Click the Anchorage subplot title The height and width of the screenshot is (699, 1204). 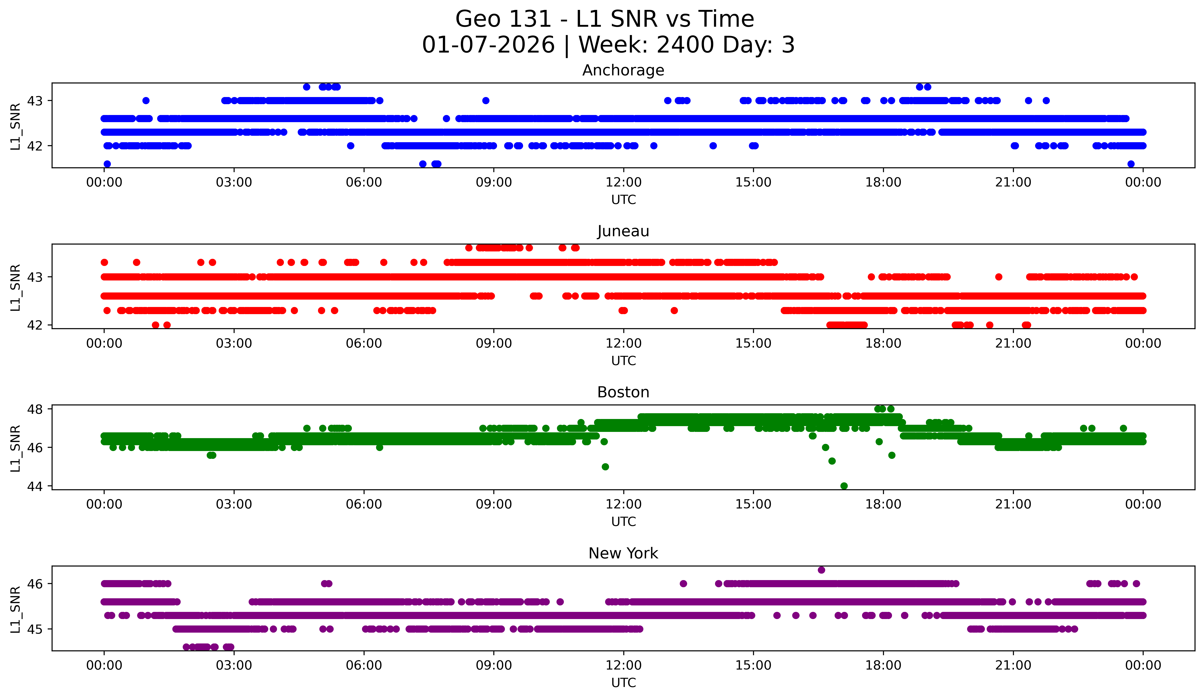pos(623,70)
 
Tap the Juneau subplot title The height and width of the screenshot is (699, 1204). pos(623,231)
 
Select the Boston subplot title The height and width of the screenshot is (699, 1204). pos(623,392)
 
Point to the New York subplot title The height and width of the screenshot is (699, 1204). pos(623,553)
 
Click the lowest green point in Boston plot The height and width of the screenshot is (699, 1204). pos(844,486)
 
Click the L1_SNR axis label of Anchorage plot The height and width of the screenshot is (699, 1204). pos(15,126)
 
